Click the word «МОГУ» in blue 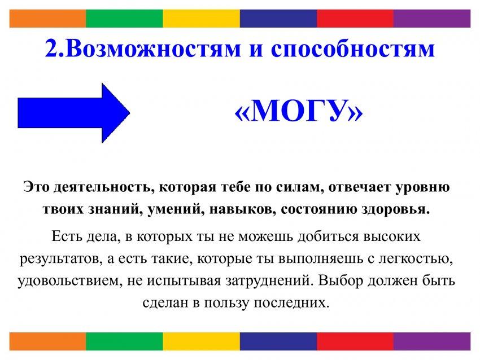tap(299, 111)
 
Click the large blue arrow tap(74, 113)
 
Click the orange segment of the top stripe tap(48, 19)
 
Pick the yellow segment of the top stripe tap(202, 19)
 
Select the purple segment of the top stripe tap(432, 19)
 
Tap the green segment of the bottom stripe tap(125, 341)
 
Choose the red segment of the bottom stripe tap(355, 341)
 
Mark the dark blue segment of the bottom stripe tap(278, 341)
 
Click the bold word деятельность tap(103, 187)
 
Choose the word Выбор tap(340, 280)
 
